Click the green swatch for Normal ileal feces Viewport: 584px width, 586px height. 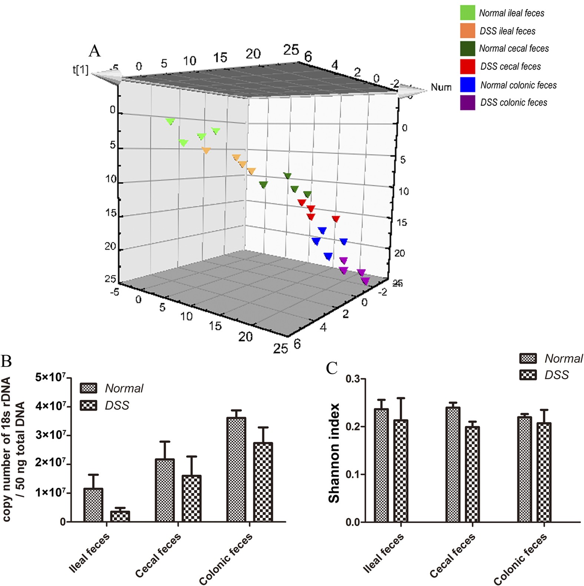point(467,13)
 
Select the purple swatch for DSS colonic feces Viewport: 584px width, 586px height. point(467,103)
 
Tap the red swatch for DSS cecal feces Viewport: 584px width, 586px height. point(467,67)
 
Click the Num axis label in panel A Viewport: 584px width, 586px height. point(441,87)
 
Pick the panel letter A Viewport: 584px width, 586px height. point(95,51)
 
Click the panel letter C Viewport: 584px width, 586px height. point(331,368)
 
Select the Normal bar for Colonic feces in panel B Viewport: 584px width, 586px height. point(236,470)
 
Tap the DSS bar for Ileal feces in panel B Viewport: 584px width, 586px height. point(120,516)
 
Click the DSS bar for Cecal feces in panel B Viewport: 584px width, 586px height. point(192,499)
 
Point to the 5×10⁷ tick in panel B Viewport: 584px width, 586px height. point(50,378)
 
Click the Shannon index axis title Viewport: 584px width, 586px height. point(334,453)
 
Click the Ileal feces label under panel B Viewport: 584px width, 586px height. point(89,552)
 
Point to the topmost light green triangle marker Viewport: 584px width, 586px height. point(170,121)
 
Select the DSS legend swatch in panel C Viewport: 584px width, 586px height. point(528,375)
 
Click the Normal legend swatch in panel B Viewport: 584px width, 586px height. point(88,388)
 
